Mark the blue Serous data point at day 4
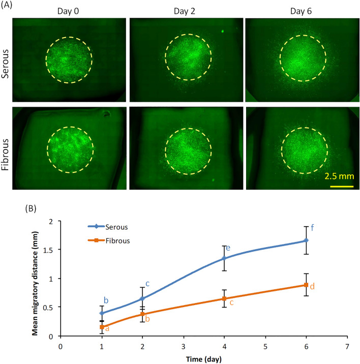point(224,258)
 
